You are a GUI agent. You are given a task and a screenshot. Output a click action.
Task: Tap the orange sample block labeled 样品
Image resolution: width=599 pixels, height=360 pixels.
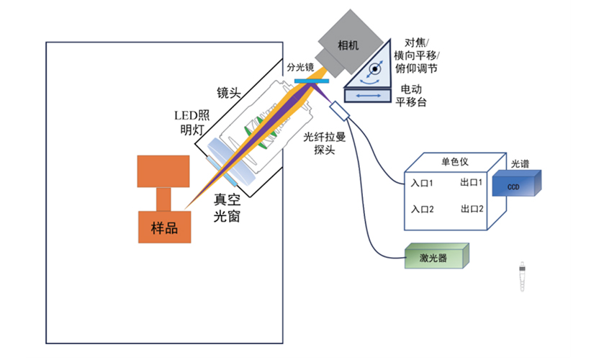tap(163, 228)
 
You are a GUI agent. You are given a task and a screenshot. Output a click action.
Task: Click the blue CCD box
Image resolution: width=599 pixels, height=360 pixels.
tap(514, 186)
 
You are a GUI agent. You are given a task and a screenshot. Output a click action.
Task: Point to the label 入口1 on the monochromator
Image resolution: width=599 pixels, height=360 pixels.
tap(421, 183)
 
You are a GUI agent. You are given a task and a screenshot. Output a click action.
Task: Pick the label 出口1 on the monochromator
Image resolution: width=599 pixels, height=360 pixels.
tap(471, 183)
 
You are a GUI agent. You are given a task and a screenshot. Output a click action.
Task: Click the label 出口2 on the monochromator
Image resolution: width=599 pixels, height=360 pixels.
tap(471, 210)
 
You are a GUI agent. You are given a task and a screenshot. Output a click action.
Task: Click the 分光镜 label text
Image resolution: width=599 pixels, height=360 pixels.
tap(299, 67)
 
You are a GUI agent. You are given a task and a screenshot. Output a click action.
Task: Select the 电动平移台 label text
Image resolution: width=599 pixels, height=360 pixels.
tap(411, 96)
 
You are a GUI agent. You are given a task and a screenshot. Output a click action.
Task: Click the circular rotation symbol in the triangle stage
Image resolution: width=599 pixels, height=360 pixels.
tap(374, 70)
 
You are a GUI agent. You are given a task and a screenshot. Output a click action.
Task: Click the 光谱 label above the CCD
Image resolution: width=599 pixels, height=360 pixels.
tap(521, 163)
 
